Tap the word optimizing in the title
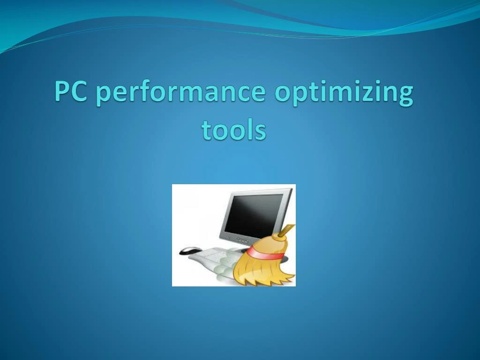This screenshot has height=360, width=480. point(344,93)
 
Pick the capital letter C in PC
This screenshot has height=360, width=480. point(81,92)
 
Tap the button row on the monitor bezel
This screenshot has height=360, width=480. point(242,240)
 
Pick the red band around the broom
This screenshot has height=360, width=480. point(265,253)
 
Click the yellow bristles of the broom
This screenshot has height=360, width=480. point(262,272)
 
